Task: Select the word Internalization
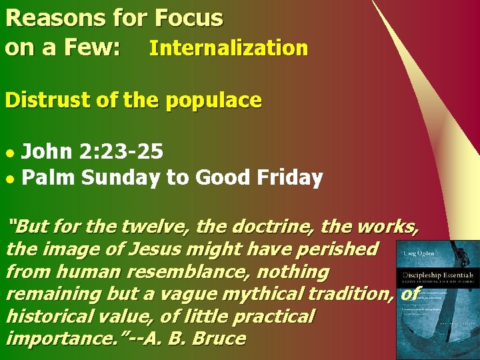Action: coord(228,48)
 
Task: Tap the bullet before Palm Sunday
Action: coord(9,179)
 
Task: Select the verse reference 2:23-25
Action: coord(120,152)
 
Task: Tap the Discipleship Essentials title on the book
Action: coord(437,275)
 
